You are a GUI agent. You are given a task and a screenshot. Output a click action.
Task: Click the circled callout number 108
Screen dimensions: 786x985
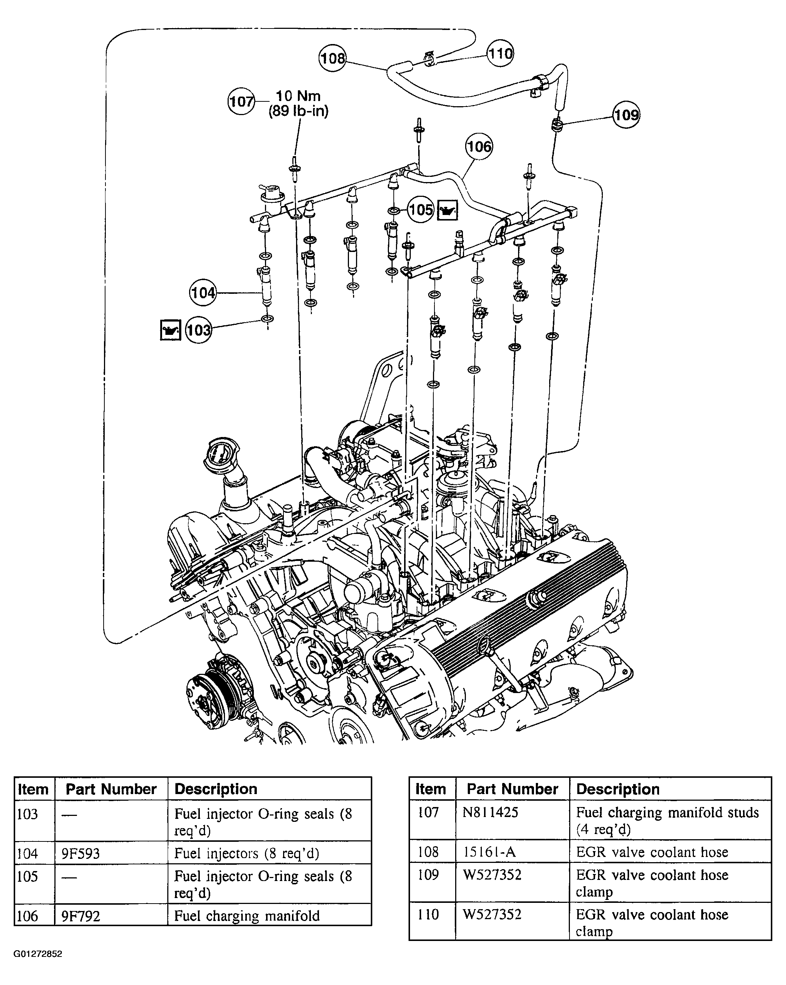point(332,58)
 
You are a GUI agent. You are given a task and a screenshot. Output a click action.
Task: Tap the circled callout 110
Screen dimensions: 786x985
point(500,53)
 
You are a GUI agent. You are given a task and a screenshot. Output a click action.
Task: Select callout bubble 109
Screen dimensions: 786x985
point(626,114)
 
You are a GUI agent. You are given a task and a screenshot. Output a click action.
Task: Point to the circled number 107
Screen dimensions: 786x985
point(241,101)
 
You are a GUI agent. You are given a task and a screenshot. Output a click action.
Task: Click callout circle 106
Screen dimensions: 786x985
point(479,146)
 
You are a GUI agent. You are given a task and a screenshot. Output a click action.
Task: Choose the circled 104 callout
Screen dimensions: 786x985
point(203,292)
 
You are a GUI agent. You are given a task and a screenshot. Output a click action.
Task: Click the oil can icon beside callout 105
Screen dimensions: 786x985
point(447,211)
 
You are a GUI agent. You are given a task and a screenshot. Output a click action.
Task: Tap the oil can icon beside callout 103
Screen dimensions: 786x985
point(171,330)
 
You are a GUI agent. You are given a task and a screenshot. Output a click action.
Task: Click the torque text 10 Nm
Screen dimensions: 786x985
point(298,96)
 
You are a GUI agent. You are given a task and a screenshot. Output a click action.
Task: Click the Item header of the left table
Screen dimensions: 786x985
point(33,789)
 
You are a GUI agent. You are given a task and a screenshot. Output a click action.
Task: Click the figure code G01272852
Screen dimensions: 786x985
point(37,954)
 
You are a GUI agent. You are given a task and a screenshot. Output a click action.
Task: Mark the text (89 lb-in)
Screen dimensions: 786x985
point(298,111)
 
